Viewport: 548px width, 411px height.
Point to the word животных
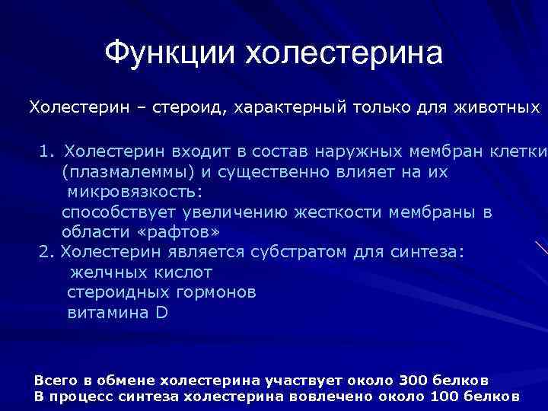[x=498, y=108]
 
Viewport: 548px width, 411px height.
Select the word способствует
[x=116, y=212]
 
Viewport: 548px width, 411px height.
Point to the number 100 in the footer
[x=446, y=396]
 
